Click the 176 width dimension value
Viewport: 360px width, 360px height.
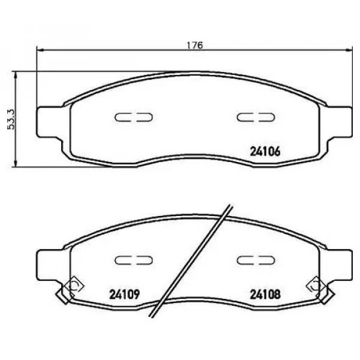click(195, 45)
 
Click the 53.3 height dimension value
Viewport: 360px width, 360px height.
click(11, 119)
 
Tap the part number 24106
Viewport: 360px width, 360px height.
click(265, 152)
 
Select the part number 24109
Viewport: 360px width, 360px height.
click(125, 295)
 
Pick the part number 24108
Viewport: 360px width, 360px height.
click(265, 295)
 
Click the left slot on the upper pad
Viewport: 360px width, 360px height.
click(134, 117)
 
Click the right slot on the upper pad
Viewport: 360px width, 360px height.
click(256, 117)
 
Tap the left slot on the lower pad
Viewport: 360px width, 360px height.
click(134, 260)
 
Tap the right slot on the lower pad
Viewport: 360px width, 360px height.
click(256, 260)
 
